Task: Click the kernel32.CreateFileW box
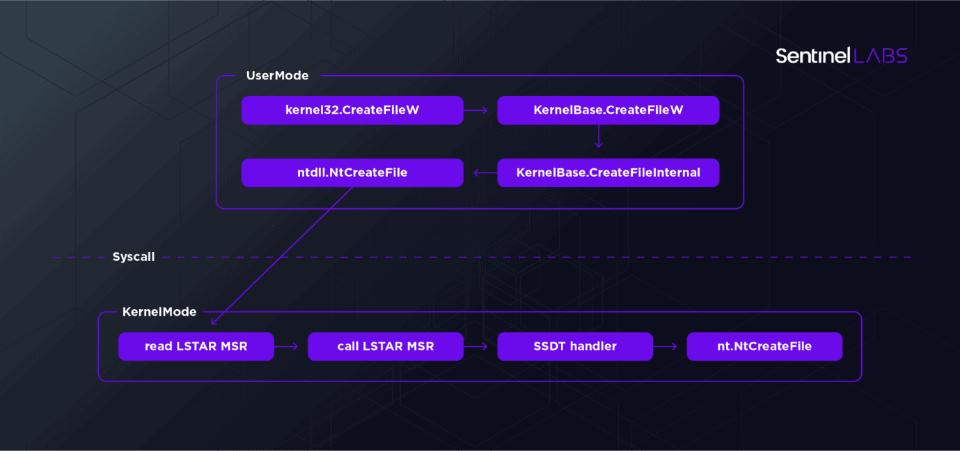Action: click(352, 110)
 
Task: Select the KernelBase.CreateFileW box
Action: click(608, 110)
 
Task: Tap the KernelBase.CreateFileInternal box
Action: click(608, 173)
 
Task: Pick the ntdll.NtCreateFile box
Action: click(352, 173)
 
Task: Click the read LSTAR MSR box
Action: click(196, 347)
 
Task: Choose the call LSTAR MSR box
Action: click(386, 347)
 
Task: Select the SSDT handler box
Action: click(575, 347)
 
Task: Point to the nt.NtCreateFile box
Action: click(764, 347)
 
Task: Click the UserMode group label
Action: click(277, 76)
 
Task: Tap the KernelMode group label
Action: click(159, 312)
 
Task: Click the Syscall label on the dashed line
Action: click(134, 257)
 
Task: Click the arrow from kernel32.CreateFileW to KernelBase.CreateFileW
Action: click(475, 111)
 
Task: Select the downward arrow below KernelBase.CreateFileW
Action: click(599, 136)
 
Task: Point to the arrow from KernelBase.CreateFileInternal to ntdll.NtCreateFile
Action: click(485, 173)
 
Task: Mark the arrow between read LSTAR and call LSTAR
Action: click(286, 347)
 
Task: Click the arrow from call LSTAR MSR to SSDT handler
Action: click(475, 347)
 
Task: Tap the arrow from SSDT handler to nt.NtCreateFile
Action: click(665, 347)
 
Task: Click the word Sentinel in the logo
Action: click(813, 56)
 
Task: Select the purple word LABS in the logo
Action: click(881, 56)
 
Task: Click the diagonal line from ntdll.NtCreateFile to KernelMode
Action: click(282, 256)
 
